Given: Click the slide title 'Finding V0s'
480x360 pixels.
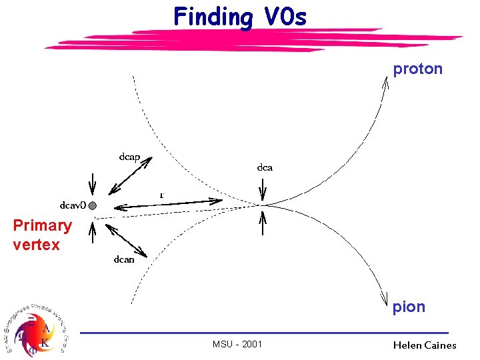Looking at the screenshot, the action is click(x=240, y=16).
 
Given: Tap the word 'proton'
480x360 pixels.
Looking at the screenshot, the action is click(x=417, y=69).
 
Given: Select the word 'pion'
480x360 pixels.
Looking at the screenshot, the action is click(x=408, y=307).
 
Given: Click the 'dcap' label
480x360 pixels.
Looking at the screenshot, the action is click(x=129, y=157).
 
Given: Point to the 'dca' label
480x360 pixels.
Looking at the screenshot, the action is click(x=265, y=167).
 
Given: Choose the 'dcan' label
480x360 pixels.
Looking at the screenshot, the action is click(x=124, y=259).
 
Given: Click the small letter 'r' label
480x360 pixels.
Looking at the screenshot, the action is click(x=161, y=195).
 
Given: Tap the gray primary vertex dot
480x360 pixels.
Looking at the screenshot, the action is click(x=93, y=205).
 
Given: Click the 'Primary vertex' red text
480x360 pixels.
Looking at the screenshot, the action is click(x=41, y=235).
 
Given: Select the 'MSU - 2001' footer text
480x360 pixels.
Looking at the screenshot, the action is click(x=237, y=344).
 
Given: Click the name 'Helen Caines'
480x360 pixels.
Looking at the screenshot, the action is click(x=425, y=345).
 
